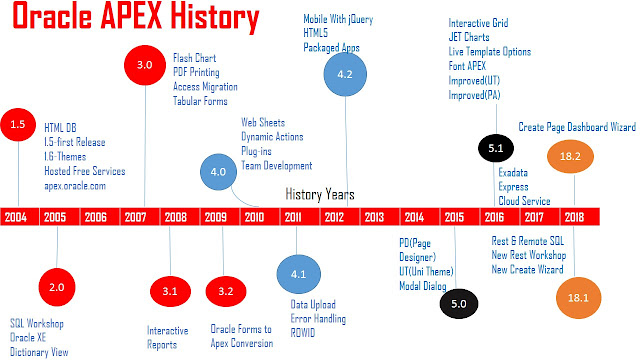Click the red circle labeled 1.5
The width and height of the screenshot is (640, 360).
pyautogui.click(x=17, y=126)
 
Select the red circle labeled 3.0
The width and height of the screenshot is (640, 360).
pyautogui.click(x=144, y=65)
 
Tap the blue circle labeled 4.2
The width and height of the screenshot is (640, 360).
pyautogui.click(x=345, y=74)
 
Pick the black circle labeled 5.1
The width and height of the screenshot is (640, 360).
pyautogui.click(x=495, y=146)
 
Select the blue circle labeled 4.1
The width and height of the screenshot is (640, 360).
pyautogui.click(x=297, y=271)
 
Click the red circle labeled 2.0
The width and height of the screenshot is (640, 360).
pyautogui.click(x=57, y=287)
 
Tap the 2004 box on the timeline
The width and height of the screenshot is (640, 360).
pyautogui.click(x=17, y=216)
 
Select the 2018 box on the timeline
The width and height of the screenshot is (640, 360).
pyautogui.click(x=574, y=216)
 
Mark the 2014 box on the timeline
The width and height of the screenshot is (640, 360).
pyautogui.click(x=413, y=216)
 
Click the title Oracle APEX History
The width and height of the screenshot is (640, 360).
pyautogui.click(x=132, y=18)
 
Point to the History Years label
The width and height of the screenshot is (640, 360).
pyautogui.click(x=320, y=194)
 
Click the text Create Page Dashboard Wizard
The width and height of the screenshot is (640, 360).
pyautogui.click(x=577, y=126)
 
